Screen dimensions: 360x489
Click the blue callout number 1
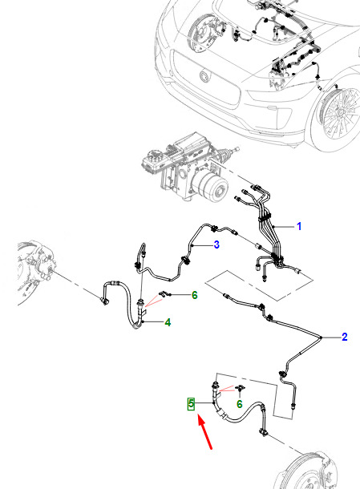coord(299,226)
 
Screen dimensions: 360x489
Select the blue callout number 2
coord(345,337)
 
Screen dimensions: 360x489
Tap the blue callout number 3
coord(216,244)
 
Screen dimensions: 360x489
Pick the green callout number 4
coord(168,322)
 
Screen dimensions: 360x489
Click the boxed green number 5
coord(192,404)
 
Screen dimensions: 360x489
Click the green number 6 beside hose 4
coord(194,295)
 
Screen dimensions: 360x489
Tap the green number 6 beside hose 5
coord(239,404)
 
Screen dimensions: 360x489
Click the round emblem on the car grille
coord(204,76)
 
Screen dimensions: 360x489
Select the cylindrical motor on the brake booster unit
coord(211,187)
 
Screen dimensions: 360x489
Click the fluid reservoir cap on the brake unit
coord(153,156)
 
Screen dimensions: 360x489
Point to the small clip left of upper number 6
coord(164,293)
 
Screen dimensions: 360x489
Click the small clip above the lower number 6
coord(240,388)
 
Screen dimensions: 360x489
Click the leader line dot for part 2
coord(322,337)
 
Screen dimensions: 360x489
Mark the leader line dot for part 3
coord(193,246)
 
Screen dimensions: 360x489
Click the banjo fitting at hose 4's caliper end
coord(105,301)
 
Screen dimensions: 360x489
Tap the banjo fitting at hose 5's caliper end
coord(263,432)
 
